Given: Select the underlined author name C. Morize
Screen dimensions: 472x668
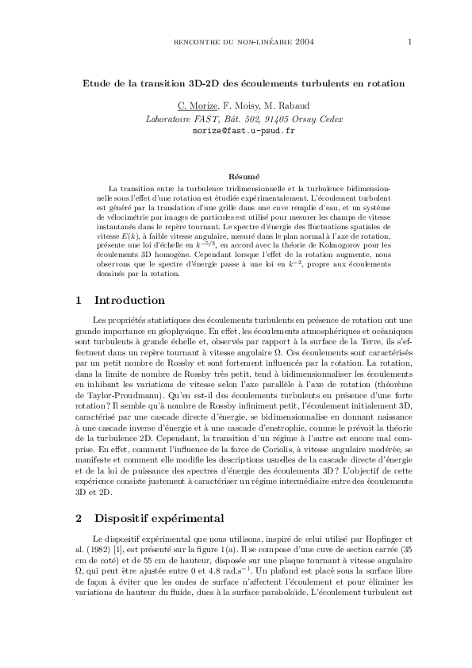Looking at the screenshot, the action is tap(195, 106).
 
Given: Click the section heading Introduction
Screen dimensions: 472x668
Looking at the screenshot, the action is tap(129, 301).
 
